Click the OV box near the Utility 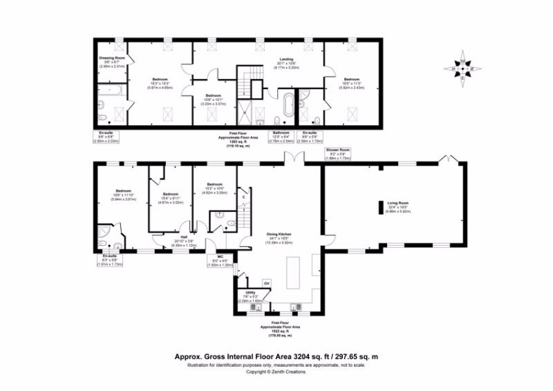[x=266, y=283]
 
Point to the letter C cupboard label [x=243, y=197]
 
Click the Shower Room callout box [x=338, y=154]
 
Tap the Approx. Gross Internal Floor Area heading [x=276, y=356]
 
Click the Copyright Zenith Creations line [x=276, y=372]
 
